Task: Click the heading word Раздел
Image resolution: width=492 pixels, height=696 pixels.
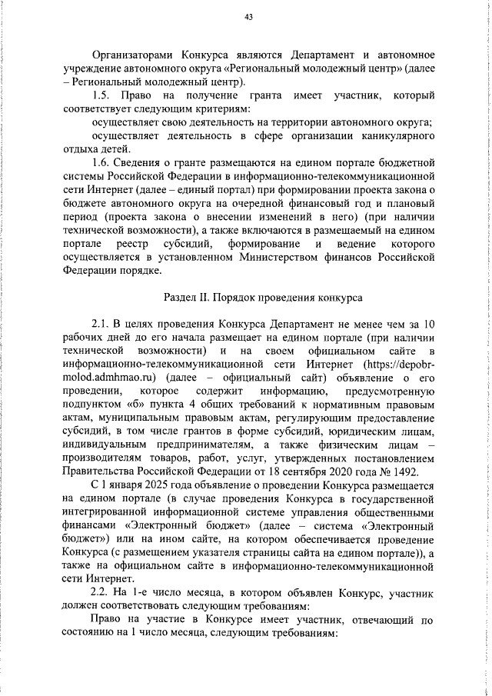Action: [181, 297]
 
